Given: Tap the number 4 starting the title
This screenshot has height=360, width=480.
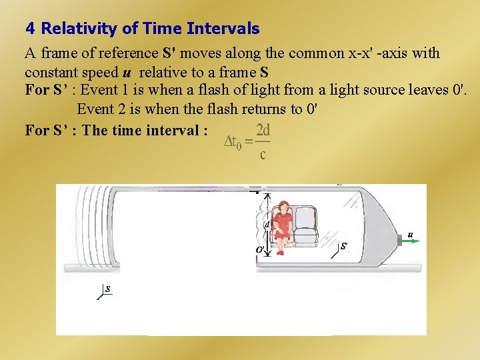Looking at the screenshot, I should [29, 29].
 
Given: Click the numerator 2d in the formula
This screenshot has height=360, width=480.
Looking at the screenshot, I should [263, 129].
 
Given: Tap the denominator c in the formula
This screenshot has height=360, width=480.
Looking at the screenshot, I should [263, 155].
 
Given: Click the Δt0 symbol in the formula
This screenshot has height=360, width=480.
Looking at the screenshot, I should [236, 141].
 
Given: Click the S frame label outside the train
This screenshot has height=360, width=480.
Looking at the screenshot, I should [107, 289].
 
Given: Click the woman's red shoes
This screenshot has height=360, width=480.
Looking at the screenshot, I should [281, 251].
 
